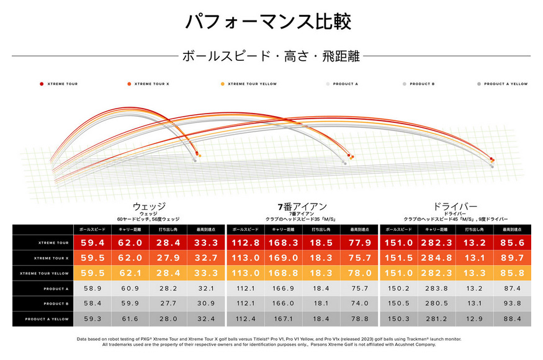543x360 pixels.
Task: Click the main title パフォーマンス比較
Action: tap(269, 22)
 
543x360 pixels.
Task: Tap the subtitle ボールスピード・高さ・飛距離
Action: tap(271, 56)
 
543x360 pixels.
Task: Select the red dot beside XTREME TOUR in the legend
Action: tap(41, 84)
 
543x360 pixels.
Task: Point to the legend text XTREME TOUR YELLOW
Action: tap(252, 84)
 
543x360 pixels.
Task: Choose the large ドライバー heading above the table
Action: tap(455, 206)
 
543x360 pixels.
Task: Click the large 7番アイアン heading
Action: tap(302, 206)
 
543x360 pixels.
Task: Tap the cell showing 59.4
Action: tap(92, 243)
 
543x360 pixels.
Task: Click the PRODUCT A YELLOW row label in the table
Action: tap(43, 319)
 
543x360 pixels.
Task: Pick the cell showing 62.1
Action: tap(130, 273)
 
